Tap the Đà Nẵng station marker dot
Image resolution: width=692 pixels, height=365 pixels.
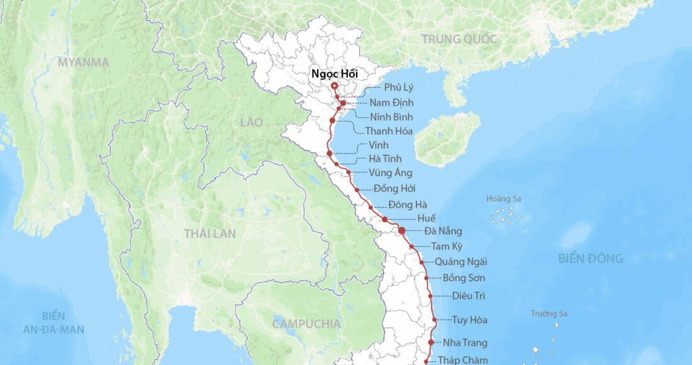click(x=402, y=231)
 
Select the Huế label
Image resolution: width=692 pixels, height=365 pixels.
click(x=426, y=218)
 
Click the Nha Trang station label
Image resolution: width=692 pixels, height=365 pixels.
click(x=465, y=343)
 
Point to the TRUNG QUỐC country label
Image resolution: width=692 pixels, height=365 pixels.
click(x=459, y=39)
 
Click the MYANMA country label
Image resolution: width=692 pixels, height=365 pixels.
click(x=83, y=62)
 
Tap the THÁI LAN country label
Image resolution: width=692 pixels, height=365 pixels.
click(x=209, y=233)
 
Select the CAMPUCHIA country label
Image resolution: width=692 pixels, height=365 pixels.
click(x=306, y=324)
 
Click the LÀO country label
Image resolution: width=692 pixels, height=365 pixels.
click(x=251, y=122)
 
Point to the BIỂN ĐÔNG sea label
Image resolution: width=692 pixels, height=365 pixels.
click(x=590, y=258)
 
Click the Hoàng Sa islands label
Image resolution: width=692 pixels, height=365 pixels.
click(x=503, y=199)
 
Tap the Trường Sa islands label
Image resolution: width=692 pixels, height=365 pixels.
click(x=549, y=313)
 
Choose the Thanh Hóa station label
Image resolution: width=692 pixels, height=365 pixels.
click(x=389, y=132)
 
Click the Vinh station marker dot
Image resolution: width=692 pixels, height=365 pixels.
click(x=330, y=153)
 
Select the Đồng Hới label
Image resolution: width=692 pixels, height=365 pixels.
click(x=394, y=188)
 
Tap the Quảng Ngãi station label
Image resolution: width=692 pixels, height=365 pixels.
click(x=460, y=262)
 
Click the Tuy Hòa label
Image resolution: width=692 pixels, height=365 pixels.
click(x=469, y=320)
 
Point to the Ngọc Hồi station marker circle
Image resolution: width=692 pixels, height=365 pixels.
click(x=334, y=86)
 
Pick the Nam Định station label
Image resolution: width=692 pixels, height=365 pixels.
click(x=391, y=103)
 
